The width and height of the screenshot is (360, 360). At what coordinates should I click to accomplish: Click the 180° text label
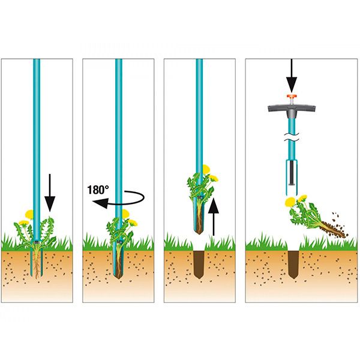(x=98, y=190)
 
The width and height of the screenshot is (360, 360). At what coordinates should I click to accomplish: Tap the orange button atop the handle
(x=292, y=96)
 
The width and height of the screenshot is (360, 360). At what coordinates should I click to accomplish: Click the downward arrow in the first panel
(x=50, y=193)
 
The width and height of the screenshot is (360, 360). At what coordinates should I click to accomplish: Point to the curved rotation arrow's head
(x=100, y=203)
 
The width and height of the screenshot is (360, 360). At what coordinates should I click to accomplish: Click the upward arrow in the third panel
(x=214, y=217)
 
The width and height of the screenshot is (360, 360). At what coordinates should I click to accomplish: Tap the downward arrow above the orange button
(x=292, y=76)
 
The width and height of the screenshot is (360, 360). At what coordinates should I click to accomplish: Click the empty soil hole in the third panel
(x=199, y=265)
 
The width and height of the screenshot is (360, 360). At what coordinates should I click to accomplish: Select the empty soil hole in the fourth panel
(x=293, y=265)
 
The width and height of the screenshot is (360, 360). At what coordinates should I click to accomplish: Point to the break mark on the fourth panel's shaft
(x=292, y=137)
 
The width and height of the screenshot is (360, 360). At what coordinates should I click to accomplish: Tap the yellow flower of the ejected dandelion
(x=289, y=202)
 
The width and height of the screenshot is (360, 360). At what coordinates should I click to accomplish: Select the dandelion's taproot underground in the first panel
(x=37, y=263)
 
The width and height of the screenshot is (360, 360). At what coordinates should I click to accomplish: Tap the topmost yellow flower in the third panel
(x=206, y=169)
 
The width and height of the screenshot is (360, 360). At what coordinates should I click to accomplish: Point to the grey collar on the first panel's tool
(x=37, y=242)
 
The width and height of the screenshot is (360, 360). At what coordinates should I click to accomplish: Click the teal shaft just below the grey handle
(x=292, y=125)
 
